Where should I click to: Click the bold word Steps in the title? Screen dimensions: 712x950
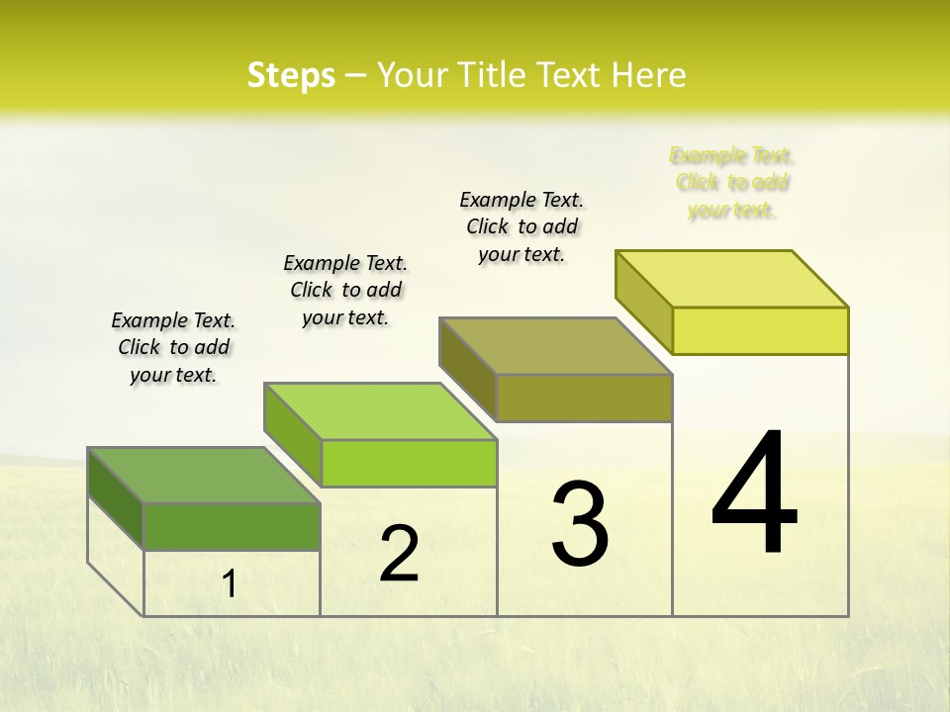(291, 75)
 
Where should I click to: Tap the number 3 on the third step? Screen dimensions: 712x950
(580, 524)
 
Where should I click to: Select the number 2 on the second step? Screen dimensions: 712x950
(399, 554)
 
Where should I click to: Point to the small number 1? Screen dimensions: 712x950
(230, 584)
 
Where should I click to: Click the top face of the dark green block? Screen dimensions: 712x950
(203, 475)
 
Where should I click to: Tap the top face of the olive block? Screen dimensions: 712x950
(555, 346)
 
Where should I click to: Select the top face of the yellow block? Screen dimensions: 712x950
(731, 279)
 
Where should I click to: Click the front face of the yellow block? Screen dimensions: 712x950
(760, 330)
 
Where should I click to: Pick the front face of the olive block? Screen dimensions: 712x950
(584, 398)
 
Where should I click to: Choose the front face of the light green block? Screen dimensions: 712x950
(409, 463)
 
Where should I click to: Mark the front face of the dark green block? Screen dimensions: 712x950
(232, 526)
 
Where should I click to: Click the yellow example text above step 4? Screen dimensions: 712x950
(731, 183)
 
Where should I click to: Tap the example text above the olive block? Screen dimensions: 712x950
(522, 226)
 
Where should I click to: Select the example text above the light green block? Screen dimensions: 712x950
(345, 290)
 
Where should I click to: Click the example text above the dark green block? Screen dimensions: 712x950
(173, 347)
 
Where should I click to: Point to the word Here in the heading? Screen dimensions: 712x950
(651, 75)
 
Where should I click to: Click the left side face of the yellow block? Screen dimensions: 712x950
(643, 302)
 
